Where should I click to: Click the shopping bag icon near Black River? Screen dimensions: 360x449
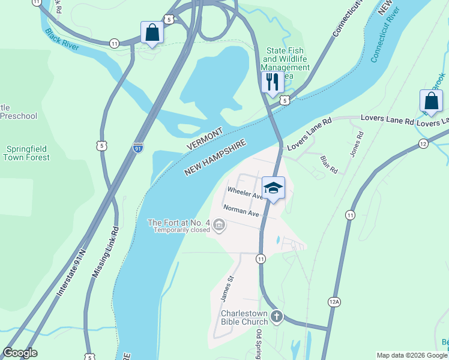coord(152,32)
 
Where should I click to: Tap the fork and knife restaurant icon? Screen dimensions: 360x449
coord(273,82)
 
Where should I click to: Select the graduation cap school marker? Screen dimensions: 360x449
coord(273,188)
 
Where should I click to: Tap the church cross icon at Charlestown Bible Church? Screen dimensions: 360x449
coord(276,316)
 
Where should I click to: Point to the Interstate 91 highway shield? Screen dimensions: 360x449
coord(138,146)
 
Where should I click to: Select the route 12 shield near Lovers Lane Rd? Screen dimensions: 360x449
coord(423,143)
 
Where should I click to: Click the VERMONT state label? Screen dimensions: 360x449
coord(205,139)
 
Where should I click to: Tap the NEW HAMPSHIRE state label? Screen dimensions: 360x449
coord(215,158)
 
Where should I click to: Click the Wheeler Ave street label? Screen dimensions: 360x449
coord(244,193)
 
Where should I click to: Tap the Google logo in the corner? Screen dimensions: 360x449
coord(19,353)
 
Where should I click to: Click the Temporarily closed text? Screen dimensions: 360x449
coord(181,230)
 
